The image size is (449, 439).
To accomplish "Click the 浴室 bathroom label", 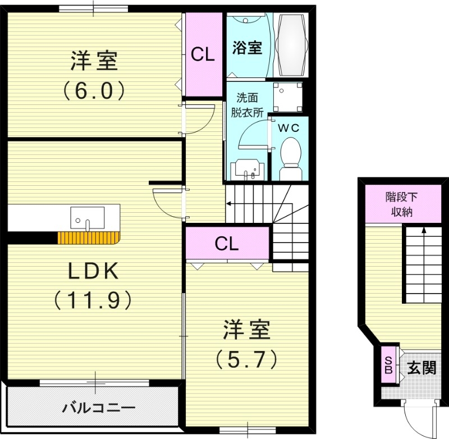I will [x=247, y=48].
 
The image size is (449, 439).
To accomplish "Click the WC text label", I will [x=290, y=127].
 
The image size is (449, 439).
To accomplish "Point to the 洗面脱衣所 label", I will [x=247, y=104].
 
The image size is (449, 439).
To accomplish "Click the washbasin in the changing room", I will [x=246, y=168].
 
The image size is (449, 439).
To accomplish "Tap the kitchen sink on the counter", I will [x=88, y=217].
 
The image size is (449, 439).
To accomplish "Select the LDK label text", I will [x=93, y=272].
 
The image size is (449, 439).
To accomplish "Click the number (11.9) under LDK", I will [x=93, y=299].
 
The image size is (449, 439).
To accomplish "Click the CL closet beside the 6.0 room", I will [x=203, y=54].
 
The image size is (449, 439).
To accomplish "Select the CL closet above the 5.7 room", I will [x=227, y=243].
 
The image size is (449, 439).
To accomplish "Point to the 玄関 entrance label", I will [x=421, y=368].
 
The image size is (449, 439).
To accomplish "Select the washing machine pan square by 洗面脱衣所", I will [x=287, y=97].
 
